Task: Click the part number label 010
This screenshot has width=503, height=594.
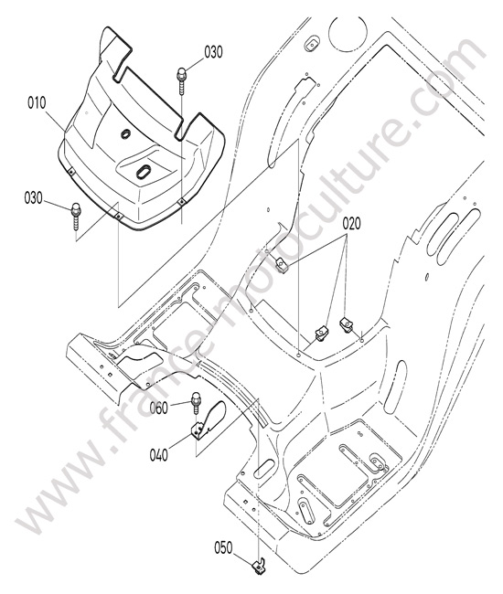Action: [x=37, y=102]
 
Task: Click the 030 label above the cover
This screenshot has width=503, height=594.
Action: [x=213, y=52]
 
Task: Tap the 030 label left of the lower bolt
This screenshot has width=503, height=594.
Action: [x=34, y=197]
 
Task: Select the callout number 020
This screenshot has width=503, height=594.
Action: [x=351, y=224]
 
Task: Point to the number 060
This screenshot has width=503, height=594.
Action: [x=158, y=408]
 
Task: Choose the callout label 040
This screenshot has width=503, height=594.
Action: [x=159, y=455]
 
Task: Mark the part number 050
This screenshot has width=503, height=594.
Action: [x=224, y=547]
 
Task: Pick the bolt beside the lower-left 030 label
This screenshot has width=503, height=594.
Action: [x=76, y=216]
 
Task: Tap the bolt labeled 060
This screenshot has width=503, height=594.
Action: [x=196, y=403]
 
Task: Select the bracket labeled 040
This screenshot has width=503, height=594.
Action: [x=208, y=419]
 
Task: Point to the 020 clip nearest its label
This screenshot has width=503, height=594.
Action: [x=282, y=264]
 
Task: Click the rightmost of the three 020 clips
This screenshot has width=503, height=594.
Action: [x=346, y=324]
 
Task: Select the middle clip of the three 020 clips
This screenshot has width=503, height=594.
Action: [x=322, y=334]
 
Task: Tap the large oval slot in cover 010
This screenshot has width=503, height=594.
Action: [x=143, y=172]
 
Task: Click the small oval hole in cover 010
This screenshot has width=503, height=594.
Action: [x=125, y=133]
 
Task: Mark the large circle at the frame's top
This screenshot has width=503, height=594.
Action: [x=348, y=32]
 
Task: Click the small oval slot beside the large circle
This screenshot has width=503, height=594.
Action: [x=313, y=44]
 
